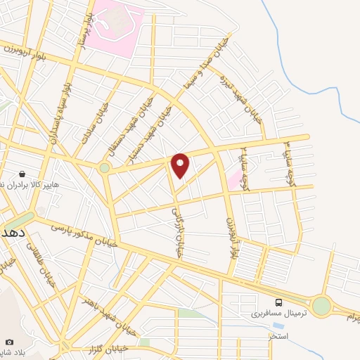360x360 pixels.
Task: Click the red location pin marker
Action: (181, 165)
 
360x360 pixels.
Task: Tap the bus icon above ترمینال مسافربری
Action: (280, 301)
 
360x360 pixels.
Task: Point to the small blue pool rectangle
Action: (279, 326)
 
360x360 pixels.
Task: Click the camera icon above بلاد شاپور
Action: (10, 342)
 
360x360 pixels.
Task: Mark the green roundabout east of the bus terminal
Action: (321, 306)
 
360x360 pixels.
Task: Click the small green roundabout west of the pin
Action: (105, 168)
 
